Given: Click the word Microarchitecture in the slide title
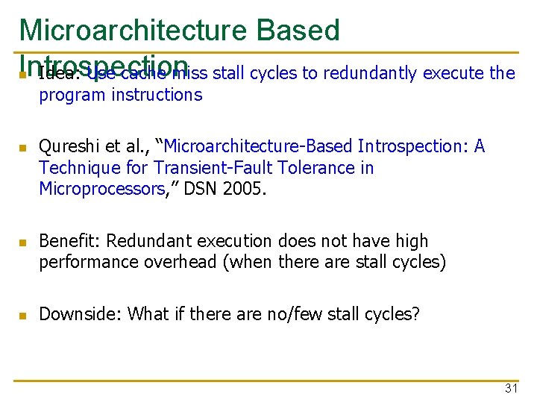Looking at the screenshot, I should (134, 30).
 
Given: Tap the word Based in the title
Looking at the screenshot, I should (298, 30).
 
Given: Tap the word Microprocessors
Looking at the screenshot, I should (102, 190).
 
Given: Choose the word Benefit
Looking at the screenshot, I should (69, 241).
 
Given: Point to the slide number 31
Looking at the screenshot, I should (511, 388).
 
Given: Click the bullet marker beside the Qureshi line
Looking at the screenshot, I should (22, 148).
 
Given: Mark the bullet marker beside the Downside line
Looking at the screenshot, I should (22, 316).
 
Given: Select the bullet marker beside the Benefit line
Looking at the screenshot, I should (22, 243).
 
